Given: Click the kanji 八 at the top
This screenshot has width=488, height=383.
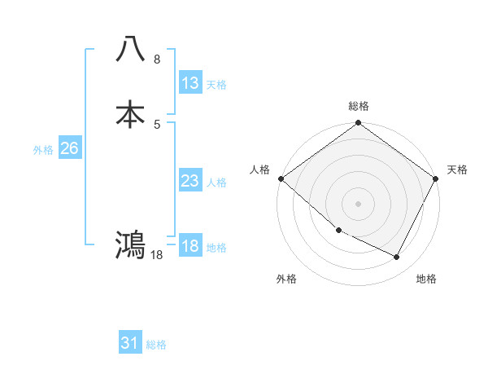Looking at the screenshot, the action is click(131, 50).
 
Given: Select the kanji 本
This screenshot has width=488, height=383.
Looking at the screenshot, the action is click(131, 114).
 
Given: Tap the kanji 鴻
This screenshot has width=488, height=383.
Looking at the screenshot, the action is click(131, 244).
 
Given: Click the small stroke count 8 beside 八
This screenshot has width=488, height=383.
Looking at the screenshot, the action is click(157, 59).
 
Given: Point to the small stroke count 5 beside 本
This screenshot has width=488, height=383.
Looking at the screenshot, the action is click(157, 124).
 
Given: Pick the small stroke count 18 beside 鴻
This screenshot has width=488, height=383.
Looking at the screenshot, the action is click(157, 254).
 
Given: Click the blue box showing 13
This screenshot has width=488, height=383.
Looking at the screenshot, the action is click(190, 83).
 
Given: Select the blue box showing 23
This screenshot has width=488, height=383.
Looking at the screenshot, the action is click(190, 181).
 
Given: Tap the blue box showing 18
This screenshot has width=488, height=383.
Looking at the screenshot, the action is click(190, 246).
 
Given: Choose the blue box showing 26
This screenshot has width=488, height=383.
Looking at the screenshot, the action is click(69, 148).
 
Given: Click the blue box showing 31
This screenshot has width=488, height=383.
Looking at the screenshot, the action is click(130, 343).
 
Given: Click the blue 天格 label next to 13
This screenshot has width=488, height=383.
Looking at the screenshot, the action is click(216, 85).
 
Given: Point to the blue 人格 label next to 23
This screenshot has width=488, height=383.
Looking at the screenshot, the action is click(216, 183).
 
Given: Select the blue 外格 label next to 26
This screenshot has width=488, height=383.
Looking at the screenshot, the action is click(43, 150).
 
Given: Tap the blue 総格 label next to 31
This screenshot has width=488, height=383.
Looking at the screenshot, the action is click(156, 345).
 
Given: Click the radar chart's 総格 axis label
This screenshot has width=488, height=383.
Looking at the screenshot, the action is click(359, 106).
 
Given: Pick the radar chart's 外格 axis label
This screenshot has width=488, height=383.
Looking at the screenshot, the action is click(287, 279).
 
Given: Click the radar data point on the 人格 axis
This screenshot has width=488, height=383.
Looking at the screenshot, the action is click(281, 178).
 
